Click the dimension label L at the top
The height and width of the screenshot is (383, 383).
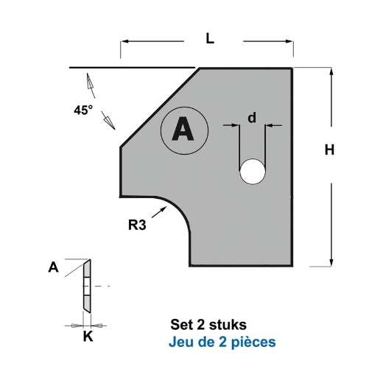(x=210, y=41)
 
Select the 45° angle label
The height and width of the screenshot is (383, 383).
(x=83, y=110)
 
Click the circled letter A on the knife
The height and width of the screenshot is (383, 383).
(x=183, y=130)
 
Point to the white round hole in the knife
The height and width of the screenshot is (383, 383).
(x=252, y=172)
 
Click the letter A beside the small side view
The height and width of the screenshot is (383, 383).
(x=52, y=268)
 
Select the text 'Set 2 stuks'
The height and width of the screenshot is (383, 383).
(x=208, y=323)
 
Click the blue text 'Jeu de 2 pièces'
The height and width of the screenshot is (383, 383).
(x=222, y=342)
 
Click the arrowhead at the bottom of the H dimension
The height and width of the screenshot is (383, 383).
(x=331, y=261)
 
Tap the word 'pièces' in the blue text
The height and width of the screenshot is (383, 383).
(x=254, y=342)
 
